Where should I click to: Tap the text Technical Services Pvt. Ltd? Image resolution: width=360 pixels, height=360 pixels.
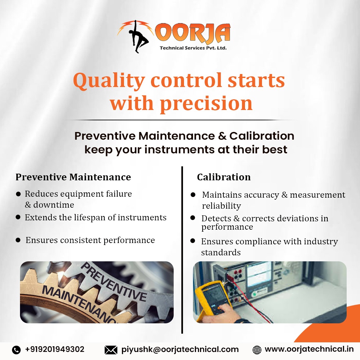(x=193, y=48)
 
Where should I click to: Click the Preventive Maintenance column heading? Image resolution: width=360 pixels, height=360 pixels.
(x=73, y=177)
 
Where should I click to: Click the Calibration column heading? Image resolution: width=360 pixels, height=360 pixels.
(x=224, y=177)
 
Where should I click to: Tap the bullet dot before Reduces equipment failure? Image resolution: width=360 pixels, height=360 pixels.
(x=18, y=194)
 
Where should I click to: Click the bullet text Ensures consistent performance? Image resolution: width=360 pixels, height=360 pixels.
(x=90, y=240)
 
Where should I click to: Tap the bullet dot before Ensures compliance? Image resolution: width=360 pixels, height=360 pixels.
(x=193, y=241)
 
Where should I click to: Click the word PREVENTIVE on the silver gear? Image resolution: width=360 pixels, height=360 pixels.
(x=113, y=282)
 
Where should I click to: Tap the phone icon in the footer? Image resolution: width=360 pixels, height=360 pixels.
(x=16, y=350)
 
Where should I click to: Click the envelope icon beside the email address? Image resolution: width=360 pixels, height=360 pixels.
(x=111, y=350)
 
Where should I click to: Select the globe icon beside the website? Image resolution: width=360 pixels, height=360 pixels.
(x=257, y=350)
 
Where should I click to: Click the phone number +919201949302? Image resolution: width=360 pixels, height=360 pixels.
(x=55, y=349)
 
